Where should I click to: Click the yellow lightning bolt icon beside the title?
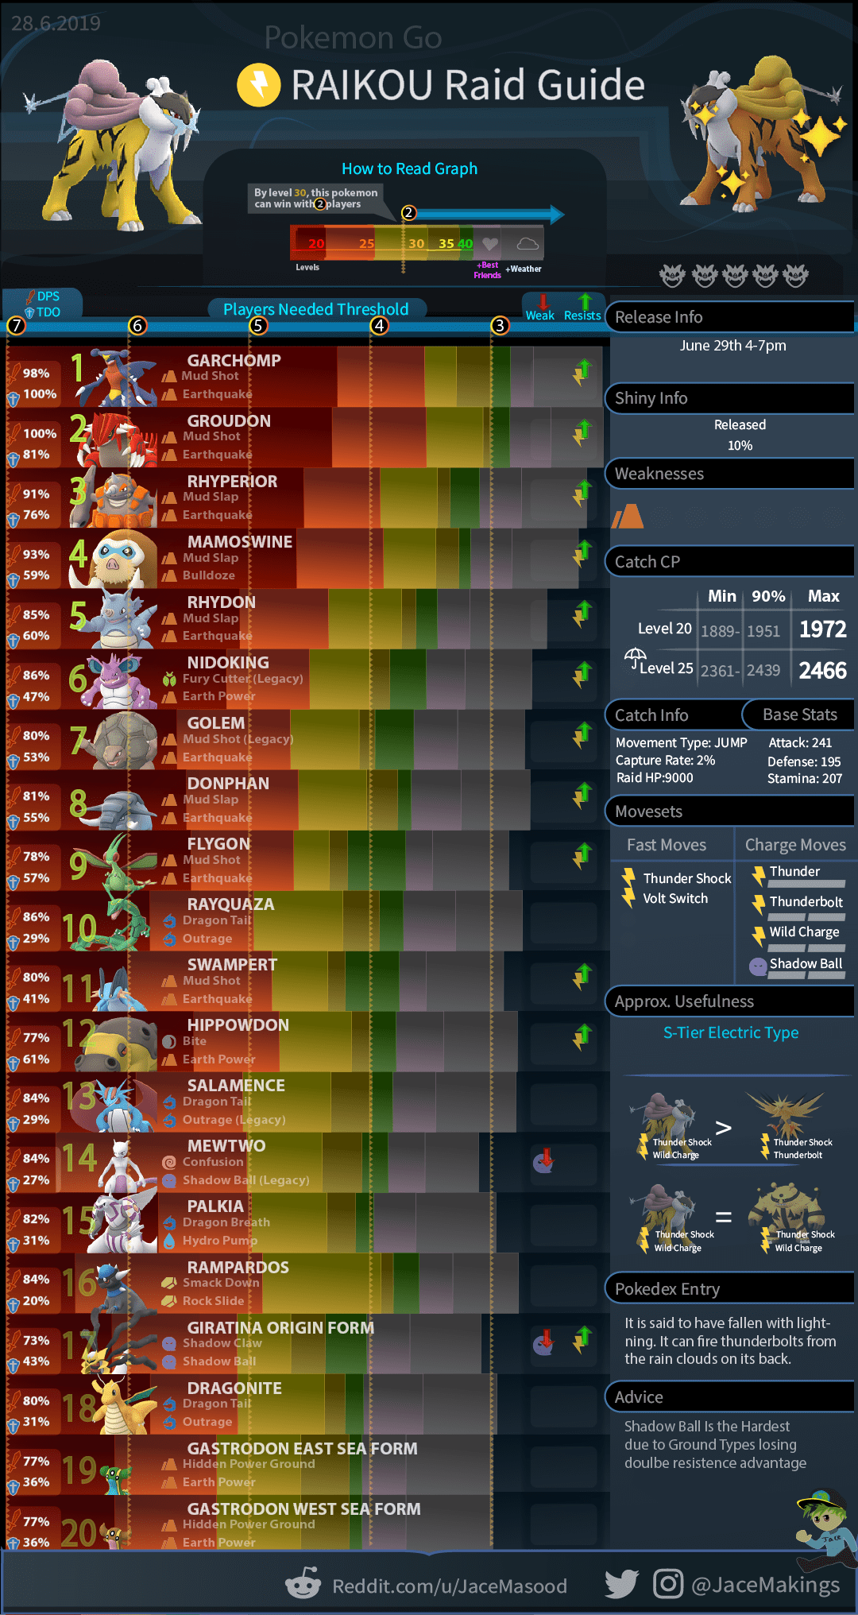pyautogui.click(x=259, y=85)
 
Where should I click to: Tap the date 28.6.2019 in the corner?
pyautogui.click(x=56, y=23)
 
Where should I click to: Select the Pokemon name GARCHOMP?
pyautogui.click(x=234, y=360)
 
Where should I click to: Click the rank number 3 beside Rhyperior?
pyautogui.click(x=78, y=492)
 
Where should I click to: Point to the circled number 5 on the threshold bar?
pyautogui.click(x=257, y=325)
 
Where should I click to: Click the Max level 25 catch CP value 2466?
pyautogui.click(x=822, y=670)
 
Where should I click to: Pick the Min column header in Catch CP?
pyautogui.click(x=721, y=596)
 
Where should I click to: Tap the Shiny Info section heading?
pyautogui.click(x=651, y=398)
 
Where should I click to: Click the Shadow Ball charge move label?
pyautogui.click(x=806, y=963)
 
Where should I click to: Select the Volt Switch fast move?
pyautogui.click(x=675, y=898)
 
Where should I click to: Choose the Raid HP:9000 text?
pyautogui.click(x=655, y=778)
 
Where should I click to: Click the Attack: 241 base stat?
pyautogui.click(x=800, y=742)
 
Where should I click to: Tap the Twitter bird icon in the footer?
pyautogui.click(x=621, y=1584)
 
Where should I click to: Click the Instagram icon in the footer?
pyautogui.click(x=668, y=1584)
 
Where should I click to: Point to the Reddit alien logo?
pyautogui.click(x=303, y=1584)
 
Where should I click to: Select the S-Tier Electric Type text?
pyautogui.click(x=731, y=1032)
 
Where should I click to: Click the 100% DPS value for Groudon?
pyautogui.click(x=40, y=433)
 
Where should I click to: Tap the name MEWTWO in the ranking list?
pyautogui.click(x=226, y=1145)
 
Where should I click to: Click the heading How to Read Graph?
pyautogui.click(x=409, y=168)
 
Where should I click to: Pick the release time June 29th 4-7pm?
pyautogui.click(x=732, y=345)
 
